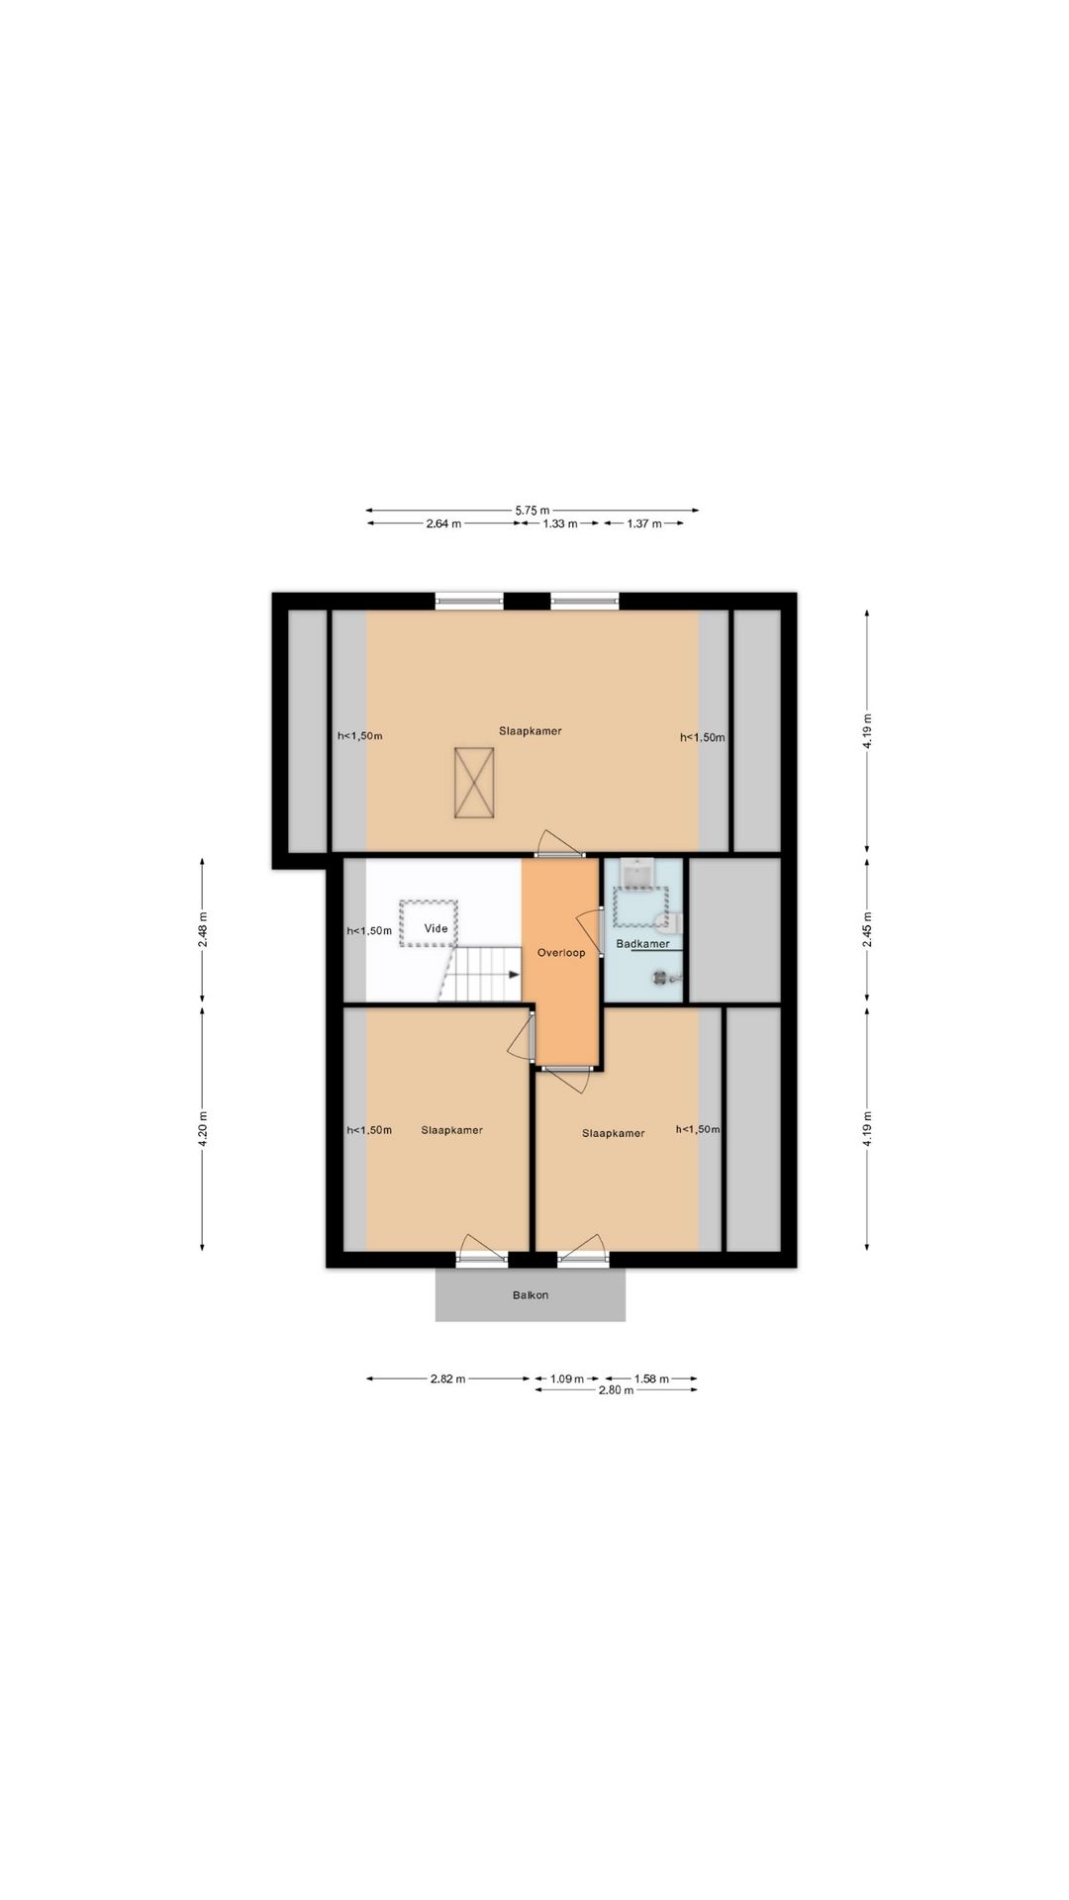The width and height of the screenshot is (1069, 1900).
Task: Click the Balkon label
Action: pyautogui.click(x=531, y=1294)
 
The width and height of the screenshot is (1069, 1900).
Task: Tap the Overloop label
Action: pyautogui.click(x=561, y=953)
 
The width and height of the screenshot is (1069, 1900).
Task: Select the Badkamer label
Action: pyautogui.click(x=642, y=943)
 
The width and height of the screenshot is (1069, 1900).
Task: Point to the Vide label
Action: pyautogui.click(x=436, y=928)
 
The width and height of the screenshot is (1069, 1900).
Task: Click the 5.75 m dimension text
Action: pyautogui.click(x=532, y=511)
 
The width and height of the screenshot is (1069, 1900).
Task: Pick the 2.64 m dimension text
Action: pyautogui.click(x=443, y=523)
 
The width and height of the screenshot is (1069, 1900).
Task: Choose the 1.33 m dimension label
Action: pyautogui.click(x=559, y=523)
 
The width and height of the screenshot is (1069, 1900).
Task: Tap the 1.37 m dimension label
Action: pyautogui.click(x=643, y=523)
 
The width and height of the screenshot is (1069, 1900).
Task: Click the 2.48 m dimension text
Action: pyautogui.click(x=203, y=930)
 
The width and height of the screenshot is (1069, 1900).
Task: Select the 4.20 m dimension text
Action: pyautogui.click(x=203, y=1129)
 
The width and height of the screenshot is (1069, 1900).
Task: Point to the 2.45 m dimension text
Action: pyautogui.click(x=867, y=930)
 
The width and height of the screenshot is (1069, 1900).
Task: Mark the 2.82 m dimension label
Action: pyautogui.click(x=447, y=1378)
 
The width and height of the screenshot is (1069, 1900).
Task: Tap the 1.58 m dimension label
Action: pyautogui.click(x=650, y=1378)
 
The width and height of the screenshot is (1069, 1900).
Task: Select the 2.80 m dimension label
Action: pyautogui.click(x=616, y=1390)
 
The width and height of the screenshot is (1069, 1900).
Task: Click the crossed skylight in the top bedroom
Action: pyautogui.click(x=474, y=783)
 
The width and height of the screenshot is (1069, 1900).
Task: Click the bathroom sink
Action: pyautogui.click(x=634, y=874)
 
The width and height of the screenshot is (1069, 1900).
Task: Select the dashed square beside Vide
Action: pyautogui.click(x=429, y=924)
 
